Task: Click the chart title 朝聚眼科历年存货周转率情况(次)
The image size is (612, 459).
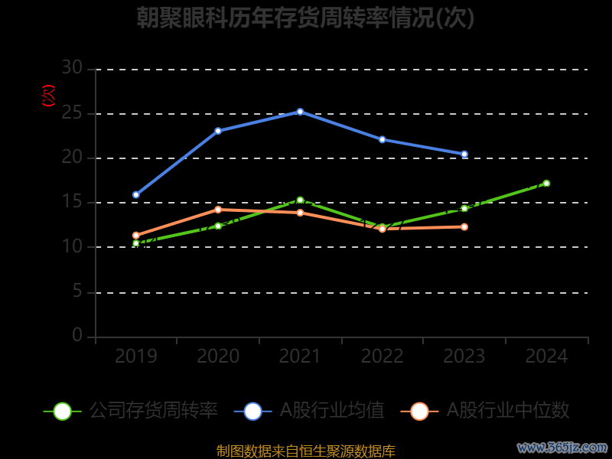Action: click(305, 18)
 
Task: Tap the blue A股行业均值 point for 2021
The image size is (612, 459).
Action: click(300, 112)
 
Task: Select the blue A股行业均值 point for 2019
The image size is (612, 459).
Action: click(136, 195)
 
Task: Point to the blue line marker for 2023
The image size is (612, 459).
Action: click(464, 155)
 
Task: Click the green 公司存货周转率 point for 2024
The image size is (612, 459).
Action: click(546, 184)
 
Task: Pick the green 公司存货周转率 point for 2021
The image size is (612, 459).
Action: click(300, 200)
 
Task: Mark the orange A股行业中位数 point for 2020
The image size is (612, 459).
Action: click(218, 210)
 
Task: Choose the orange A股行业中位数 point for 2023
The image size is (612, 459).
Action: click(464, 226)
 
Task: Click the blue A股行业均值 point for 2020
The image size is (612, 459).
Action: click(218, 131)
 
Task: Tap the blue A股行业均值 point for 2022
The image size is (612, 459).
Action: click(382, 139)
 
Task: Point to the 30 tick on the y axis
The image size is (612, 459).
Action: click(72, 68)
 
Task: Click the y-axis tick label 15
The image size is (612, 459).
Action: click(72, 202)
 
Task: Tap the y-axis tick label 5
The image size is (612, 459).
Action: click(77, 291)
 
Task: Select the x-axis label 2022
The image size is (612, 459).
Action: click(382, 356)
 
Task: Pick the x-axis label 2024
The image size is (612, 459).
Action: click(546, 356)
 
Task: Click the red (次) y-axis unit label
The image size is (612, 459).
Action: click(49, 96)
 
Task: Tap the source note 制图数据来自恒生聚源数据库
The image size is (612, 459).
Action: click(306, 451)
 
